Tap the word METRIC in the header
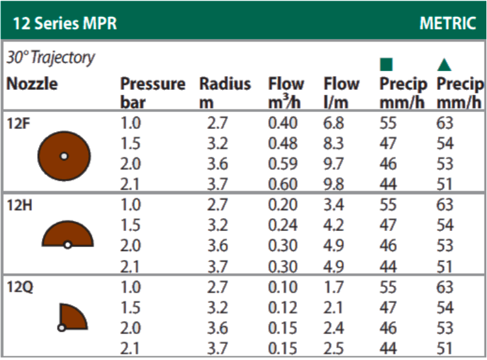tap(447, 24)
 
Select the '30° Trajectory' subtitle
tap(50, 58)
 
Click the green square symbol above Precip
tap(386, 64)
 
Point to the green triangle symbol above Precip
tap(445, 64)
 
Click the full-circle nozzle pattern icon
tap(64, 155)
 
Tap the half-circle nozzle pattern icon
tap(67, 234)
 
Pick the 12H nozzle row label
tap(18, 205)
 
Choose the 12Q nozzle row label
tap(19, 288)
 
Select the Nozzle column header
tap(31, 84)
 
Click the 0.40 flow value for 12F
tap(283, 123)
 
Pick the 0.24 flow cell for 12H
tap(283, 225)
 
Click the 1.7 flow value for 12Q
tap(333, 288)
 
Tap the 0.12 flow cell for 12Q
tap(283, 308)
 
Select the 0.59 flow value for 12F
tap(283, 164)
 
